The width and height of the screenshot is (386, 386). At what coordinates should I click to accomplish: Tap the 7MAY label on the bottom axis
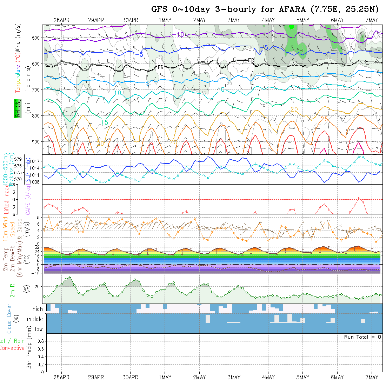(371, 377)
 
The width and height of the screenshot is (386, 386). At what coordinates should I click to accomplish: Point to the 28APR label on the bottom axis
(61, 377)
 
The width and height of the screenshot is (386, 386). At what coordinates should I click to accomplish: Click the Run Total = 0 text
(362, 337)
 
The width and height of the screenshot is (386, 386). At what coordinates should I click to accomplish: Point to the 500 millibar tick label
(36, 38)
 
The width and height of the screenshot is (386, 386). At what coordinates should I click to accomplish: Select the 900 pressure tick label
(36, 142)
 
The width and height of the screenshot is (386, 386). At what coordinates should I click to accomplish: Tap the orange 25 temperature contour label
(324, 119)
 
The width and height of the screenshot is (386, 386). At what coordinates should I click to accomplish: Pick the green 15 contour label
(105, 122)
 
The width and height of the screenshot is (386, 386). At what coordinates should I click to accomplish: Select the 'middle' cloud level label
(35, 319)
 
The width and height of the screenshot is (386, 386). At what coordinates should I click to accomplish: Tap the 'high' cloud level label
(37, 309)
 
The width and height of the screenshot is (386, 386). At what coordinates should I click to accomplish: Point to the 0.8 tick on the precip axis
(40, 341)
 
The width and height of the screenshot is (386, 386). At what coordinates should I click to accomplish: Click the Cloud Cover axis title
(9, 319)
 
